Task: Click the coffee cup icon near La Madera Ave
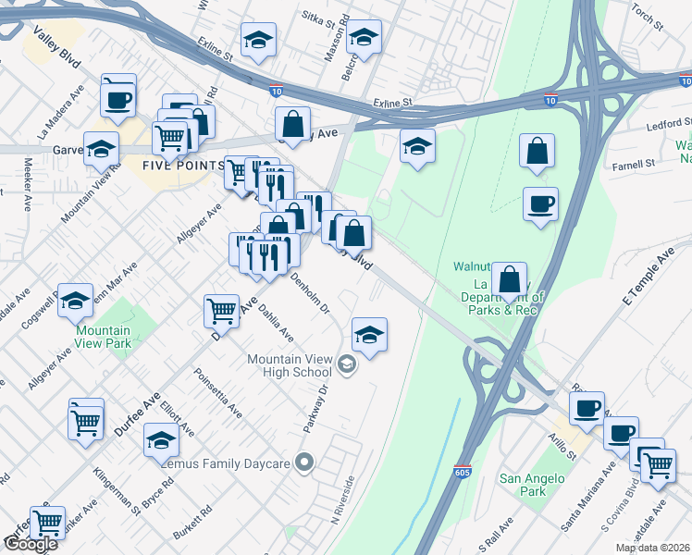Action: coord(118,97)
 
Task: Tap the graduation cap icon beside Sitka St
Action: coord(258,41)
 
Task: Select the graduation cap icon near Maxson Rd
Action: coord(365,39)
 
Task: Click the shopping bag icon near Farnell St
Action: coord(538,151)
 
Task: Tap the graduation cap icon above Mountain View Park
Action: coord(76,300)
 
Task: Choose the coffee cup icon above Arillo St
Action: coord(587,408)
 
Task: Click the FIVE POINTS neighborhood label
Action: coord(182,165)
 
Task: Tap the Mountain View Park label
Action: coord(103,337)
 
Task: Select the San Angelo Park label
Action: coord(523,485)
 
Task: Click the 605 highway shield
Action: coord(462,473)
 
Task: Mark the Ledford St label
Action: coord(669,124)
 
